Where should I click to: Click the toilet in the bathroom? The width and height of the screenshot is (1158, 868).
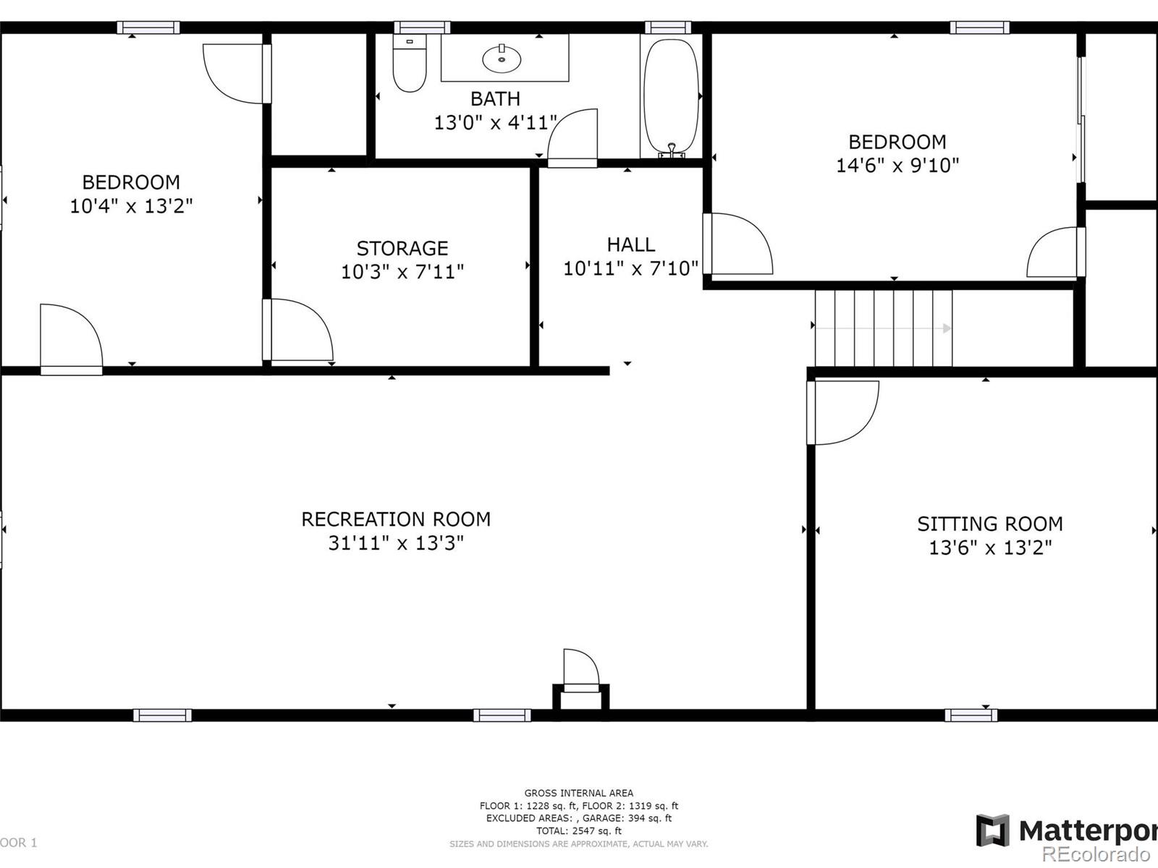(410, 63)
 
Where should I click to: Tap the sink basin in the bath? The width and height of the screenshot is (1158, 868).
(501, 59)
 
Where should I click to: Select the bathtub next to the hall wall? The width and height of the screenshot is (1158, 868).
(671, 98)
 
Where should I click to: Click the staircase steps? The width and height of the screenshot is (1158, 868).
(884, 328)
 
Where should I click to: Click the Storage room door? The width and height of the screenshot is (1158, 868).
(297, 330)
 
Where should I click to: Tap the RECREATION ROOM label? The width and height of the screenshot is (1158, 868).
(396, 519)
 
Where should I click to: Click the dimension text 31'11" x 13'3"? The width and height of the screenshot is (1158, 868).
(396, 542)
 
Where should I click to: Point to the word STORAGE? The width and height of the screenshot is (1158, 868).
(402, 248)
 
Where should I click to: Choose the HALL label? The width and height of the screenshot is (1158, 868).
(631, 244)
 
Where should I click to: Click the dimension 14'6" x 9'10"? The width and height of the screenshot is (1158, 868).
(897, 165)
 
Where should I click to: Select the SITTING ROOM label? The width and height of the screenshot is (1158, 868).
(990, 524)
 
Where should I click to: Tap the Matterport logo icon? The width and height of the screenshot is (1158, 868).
(993, 830)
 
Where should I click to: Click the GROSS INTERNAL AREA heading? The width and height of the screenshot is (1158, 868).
(579, 793)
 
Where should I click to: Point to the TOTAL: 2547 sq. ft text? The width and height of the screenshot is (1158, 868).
(579, 830)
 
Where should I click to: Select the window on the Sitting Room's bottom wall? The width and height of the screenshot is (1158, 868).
(971, 715)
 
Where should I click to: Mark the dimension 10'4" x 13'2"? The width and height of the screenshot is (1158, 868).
(132, 205)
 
